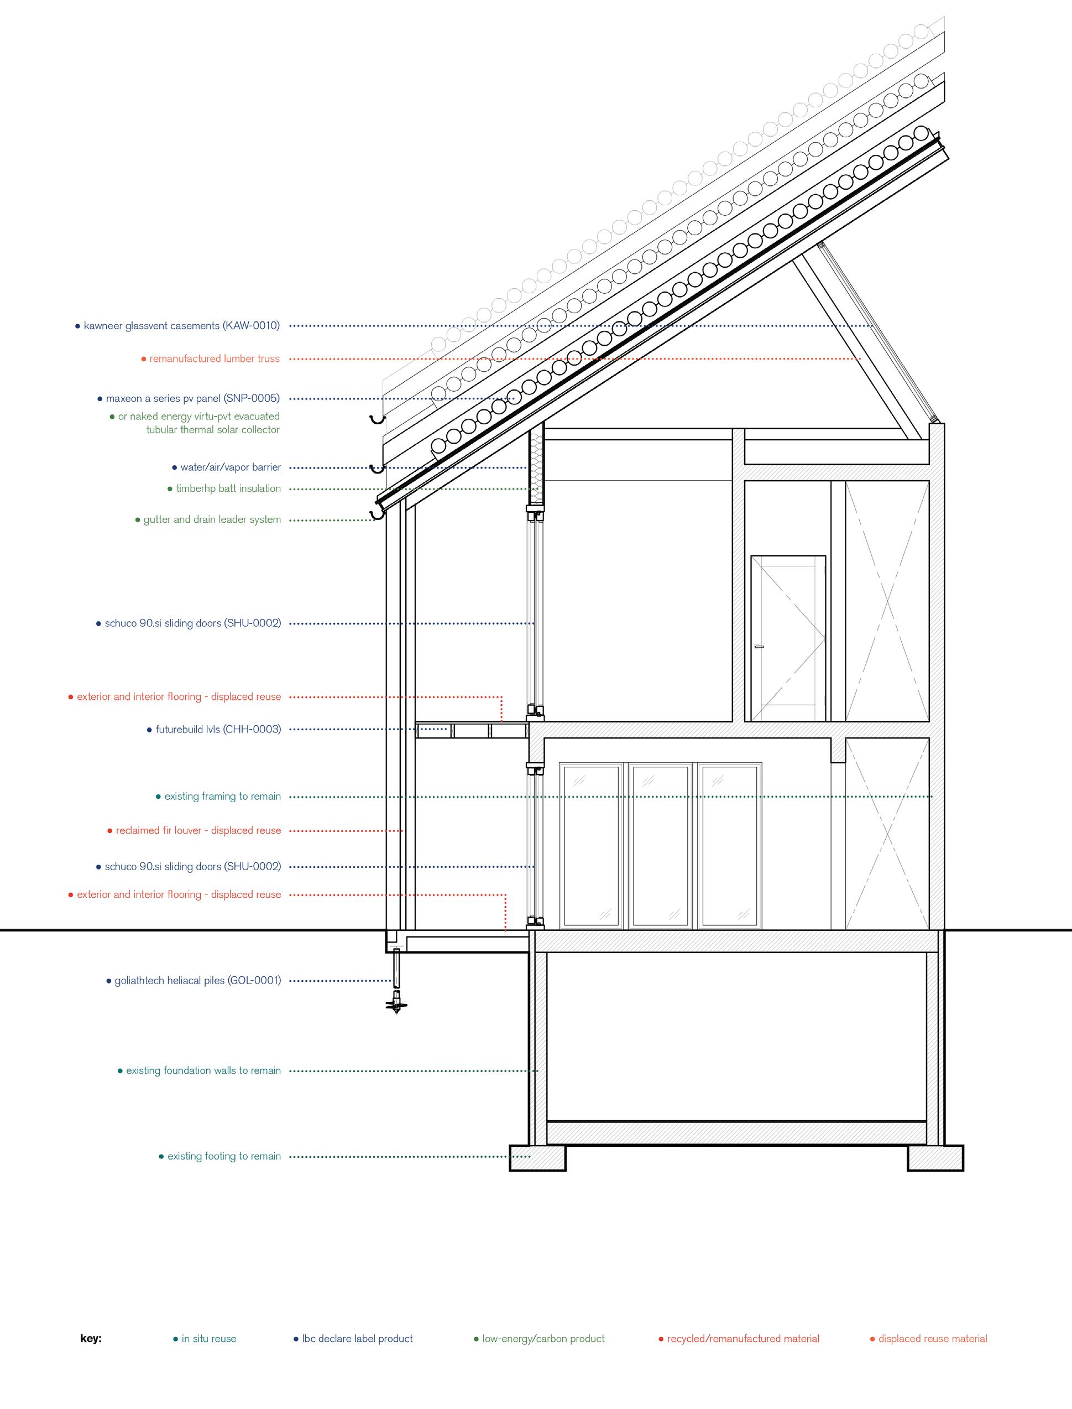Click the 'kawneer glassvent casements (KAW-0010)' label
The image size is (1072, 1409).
pyautogui.click(x=182, y=326)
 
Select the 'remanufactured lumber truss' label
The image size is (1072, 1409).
pyautogui.click(x=215, y=359)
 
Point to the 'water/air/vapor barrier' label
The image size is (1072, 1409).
pyautogui.click(x=231, y=467)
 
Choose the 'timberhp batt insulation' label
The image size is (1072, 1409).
pyautogui.click(x=228, y=488)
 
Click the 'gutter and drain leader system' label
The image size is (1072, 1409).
pyautogui.click(x=212, y=519)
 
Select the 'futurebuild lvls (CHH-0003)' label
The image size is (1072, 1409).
pyautogui.click(x=218, y=729)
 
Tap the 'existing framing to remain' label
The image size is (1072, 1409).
pyautogui.click(x=223, y=796)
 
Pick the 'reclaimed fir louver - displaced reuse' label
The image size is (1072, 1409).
pyautogui.click(x=198, y=830)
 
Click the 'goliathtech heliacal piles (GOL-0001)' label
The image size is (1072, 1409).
pyautogui.click(x=198, y=981)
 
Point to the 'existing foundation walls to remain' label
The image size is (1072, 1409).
pyautogui.click(x=203, y=1070)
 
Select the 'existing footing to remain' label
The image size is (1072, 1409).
pyautogui.click(x=224, y=1156)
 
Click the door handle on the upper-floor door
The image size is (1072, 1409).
pyautogui.click(x=759, y=647)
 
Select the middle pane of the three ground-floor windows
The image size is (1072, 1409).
pyautogui.click(x=661, y=845)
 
